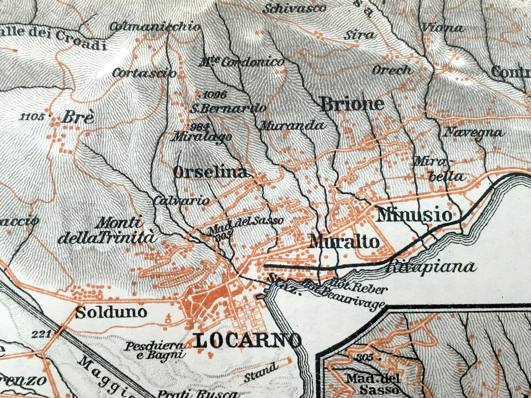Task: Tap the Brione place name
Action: (352, 104)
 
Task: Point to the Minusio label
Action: (414, 215)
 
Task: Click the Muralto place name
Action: (344, 242)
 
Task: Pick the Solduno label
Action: (111, 312)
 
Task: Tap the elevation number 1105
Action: (32, 117)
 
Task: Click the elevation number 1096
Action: (215, 95)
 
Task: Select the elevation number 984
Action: (199, 127)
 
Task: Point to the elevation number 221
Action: (41, 334)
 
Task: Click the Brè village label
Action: (78, 118)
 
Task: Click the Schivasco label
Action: (294, 9)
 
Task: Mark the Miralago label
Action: (202, 137)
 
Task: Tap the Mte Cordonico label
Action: (242, 62)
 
